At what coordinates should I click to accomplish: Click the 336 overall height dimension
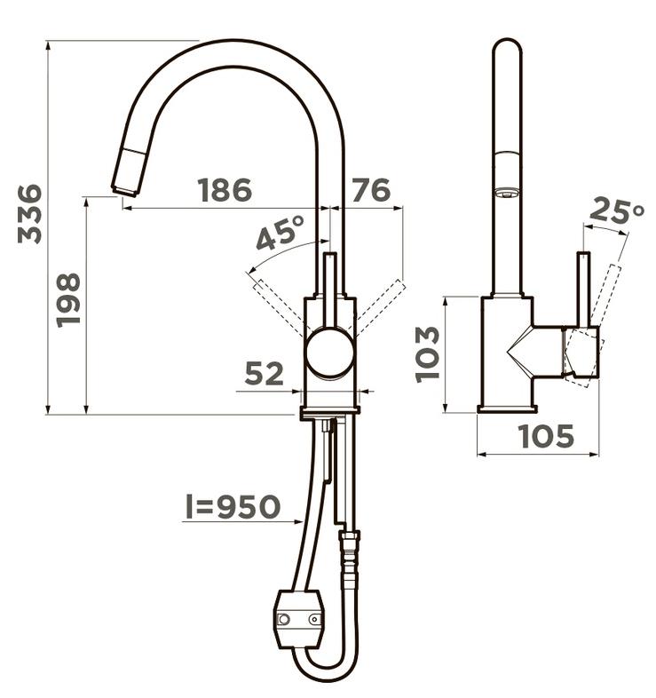click(x=30, y=214)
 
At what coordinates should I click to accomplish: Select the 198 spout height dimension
click(x=68, y=300)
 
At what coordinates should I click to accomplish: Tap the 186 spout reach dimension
click(x=225, y=190)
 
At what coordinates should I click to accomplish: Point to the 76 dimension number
click(x=371, y=190)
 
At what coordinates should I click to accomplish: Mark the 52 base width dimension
click(x=264, y=374)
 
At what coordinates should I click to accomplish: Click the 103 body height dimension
click(x=427, y=355)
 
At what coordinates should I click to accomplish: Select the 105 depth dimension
click(x=547, y=436)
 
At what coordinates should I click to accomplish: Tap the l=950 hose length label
click(x=233, y=506)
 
